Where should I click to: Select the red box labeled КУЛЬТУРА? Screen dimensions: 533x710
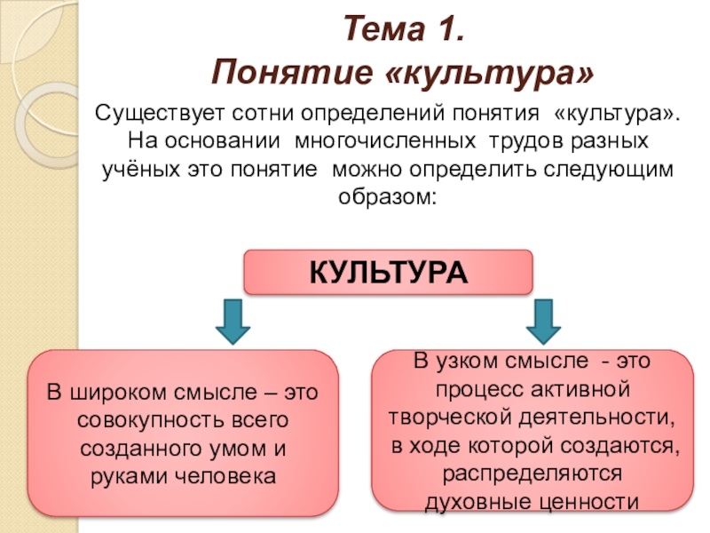click(x=388, y=272)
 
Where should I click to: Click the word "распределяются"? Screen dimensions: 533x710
click(x=532, y=472)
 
